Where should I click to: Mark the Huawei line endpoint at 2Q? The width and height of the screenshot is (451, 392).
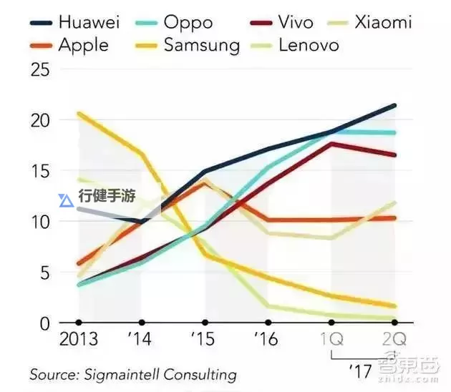[394, 106]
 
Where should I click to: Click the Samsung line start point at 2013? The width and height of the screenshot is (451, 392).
[79, 113]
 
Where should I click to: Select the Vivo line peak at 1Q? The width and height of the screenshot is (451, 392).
[331, 144]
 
